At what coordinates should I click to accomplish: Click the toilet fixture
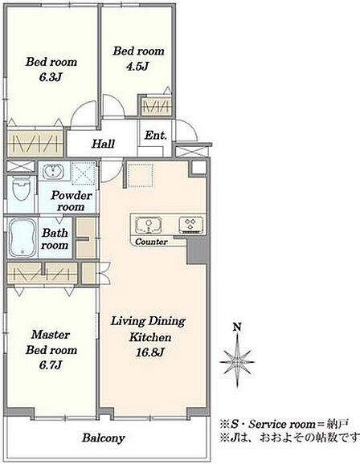click(x=22, y=189)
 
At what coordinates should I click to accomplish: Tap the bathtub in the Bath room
click(x=23, y=238)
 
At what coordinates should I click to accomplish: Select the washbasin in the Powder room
click(x=53, y=171)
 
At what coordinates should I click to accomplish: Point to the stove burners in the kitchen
click(x=191, y=224)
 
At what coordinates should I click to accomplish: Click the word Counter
click(x=151, y=242)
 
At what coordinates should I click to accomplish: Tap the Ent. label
click(x=156, y=136)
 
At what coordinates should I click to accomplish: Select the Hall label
click(x=103, y=144)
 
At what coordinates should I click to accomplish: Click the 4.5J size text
click(x=137, y=67)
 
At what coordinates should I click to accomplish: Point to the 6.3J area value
click(x=51, y=78)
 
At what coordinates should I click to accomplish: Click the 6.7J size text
click(x=51, y=365)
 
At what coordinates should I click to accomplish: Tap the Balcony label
click(x=104, y=438)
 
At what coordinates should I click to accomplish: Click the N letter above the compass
click(x=237, y=327)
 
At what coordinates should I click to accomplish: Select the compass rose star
click(x=237, y=361)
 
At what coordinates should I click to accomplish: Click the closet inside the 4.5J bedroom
click(x=156, y=107)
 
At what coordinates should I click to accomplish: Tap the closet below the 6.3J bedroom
click(x=35, y=143)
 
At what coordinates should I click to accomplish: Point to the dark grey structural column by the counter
click(x=196, y=250)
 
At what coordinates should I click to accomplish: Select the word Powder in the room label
click(x=72, y=196)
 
